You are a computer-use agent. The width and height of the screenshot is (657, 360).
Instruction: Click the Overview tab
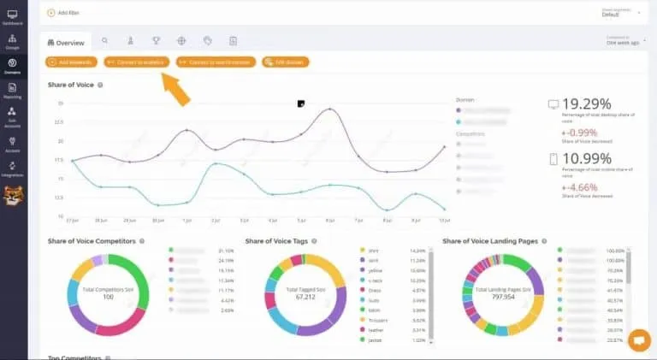coord(66,41)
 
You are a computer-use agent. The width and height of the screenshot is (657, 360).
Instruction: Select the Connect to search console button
coord(215,62)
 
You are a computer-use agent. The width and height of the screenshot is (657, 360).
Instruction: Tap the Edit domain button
coord(286,62)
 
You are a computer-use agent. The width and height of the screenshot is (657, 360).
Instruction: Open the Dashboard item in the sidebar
coord(12,18)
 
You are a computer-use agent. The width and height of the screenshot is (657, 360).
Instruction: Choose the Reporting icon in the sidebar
coord(12,90)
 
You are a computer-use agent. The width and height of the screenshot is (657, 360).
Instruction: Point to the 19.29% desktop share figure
coord(587,104)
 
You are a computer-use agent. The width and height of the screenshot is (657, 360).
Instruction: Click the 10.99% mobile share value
coord(587,158)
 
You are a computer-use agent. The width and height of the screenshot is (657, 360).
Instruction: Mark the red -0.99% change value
coord(579,133)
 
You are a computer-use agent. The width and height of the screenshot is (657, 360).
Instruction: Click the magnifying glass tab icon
coord(104,40)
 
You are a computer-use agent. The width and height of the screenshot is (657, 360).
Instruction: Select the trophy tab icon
coord(156,40)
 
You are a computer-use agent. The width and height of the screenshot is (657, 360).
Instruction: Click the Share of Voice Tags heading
coord(276,241)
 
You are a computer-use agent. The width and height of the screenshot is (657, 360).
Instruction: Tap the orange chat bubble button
coord(638,340)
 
